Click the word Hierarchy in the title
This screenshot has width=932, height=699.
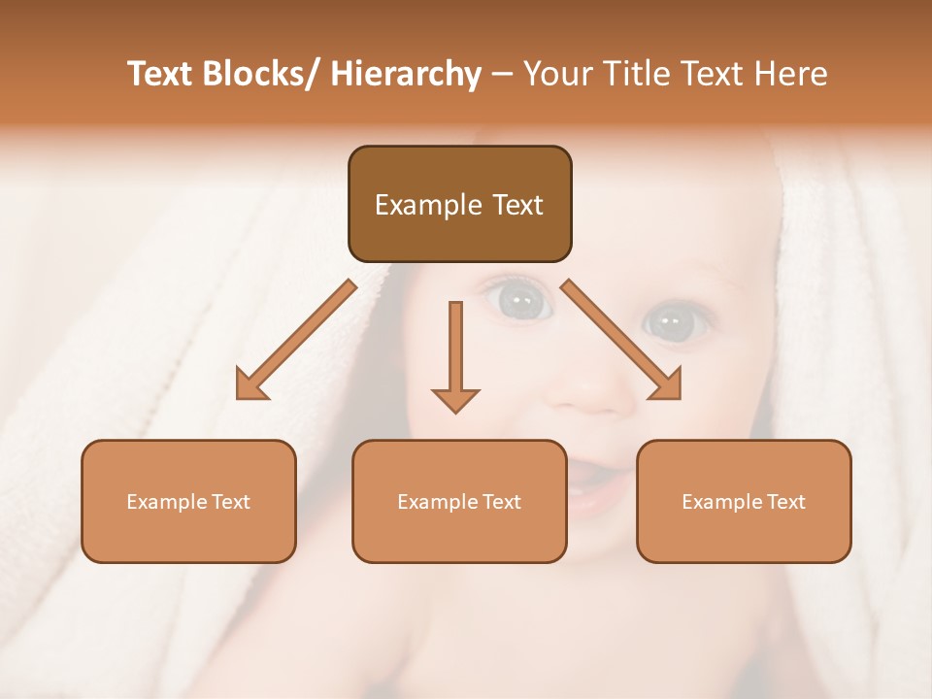tap(406, 74)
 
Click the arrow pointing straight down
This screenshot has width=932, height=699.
tap(455, 359)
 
